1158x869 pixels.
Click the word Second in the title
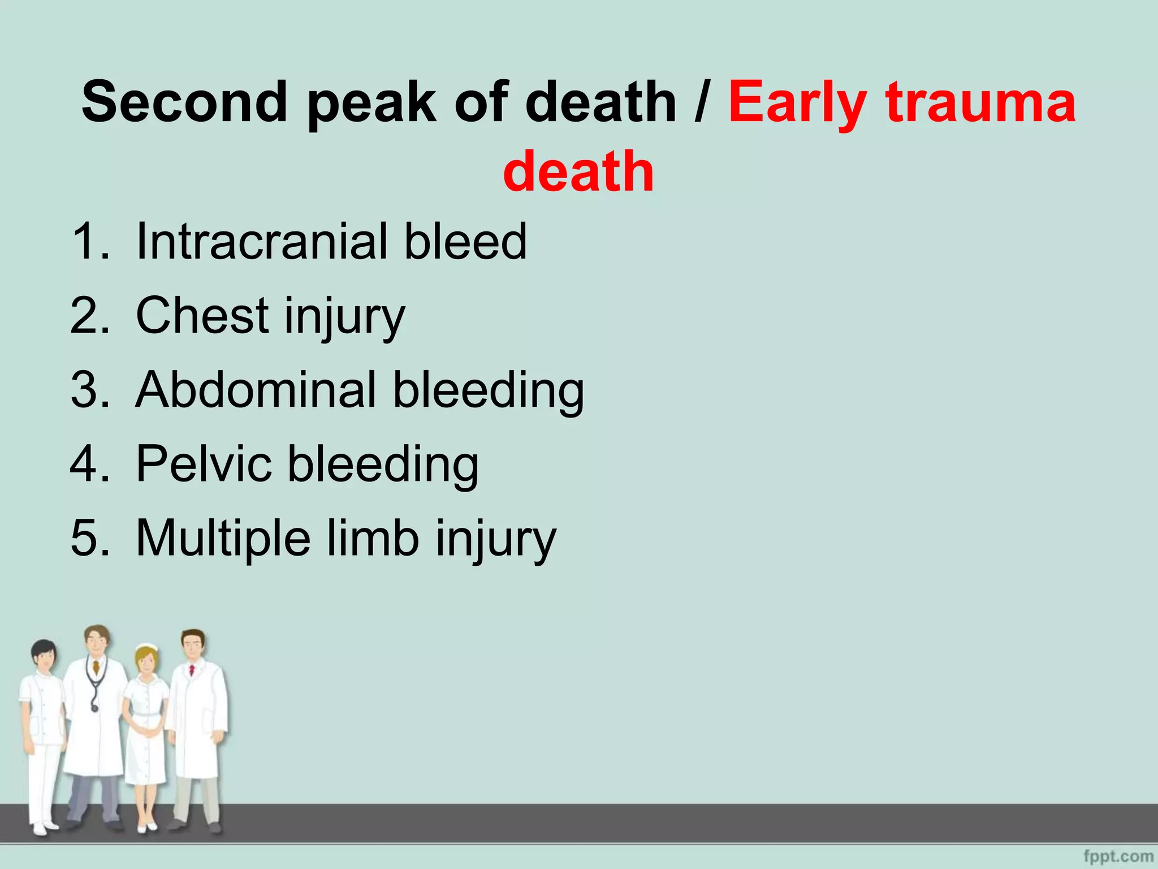coord(184,102)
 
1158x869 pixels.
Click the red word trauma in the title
coord(981,103)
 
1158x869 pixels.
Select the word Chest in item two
coord(202,316)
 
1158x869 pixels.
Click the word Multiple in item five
coord(223,538)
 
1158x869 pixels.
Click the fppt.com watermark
coord(1118,856)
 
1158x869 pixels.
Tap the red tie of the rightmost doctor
coord(192,670)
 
